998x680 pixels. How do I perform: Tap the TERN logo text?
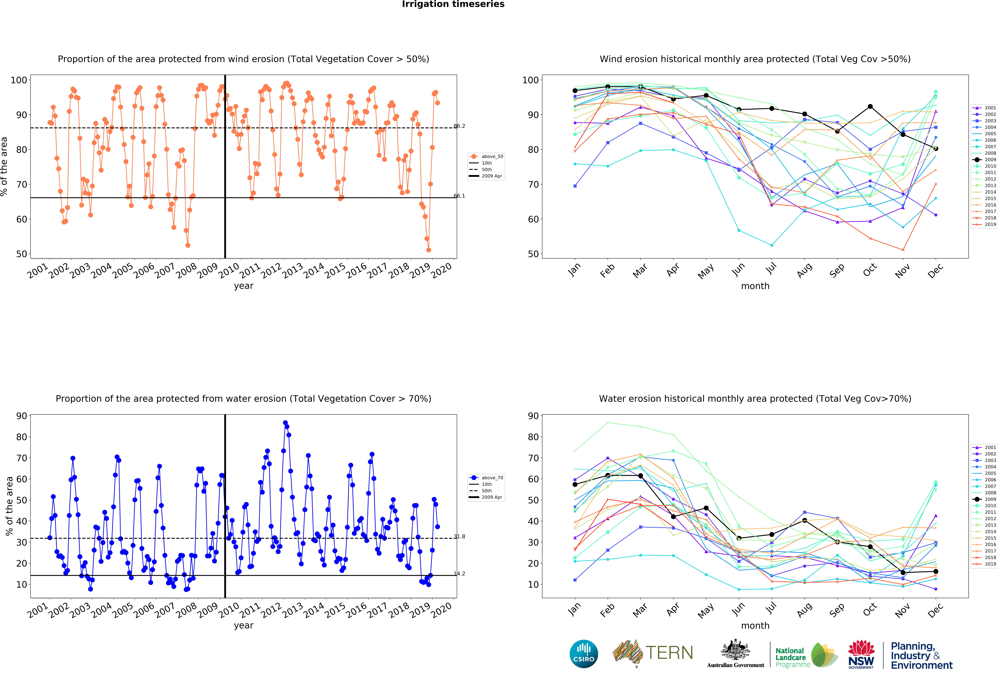point(669,653)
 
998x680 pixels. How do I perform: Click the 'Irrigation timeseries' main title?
point(453,4)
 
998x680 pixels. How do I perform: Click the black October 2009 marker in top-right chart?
point(870,106)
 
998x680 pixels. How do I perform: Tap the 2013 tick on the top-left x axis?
point(292,270)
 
